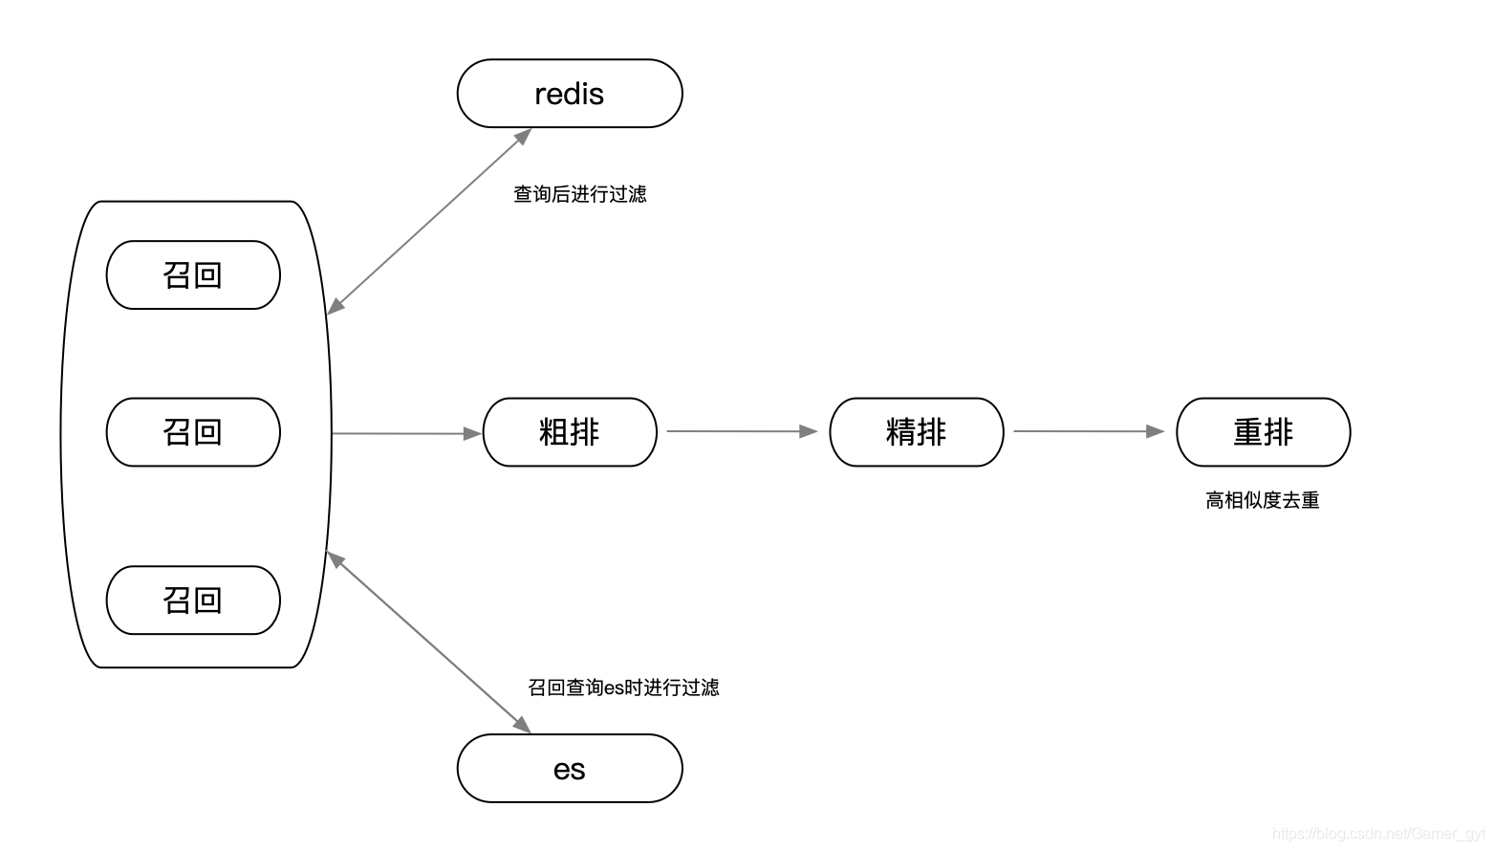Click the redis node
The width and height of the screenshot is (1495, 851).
570,94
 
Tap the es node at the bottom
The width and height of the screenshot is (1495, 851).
570,769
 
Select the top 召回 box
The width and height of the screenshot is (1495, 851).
193,275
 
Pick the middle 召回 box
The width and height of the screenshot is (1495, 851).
193,432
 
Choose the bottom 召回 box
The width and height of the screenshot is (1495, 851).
193,600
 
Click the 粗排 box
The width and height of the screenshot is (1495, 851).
570,432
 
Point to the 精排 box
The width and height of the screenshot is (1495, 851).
917,432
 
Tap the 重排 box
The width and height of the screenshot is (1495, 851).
1263,432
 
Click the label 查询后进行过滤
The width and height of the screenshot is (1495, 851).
580,194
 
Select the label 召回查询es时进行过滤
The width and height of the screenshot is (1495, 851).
623,687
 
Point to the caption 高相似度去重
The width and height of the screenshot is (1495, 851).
1263,500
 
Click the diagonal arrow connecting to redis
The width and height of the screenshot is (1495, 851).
429,221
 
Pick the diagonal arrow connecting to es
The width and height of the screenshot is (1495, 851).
428,643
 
